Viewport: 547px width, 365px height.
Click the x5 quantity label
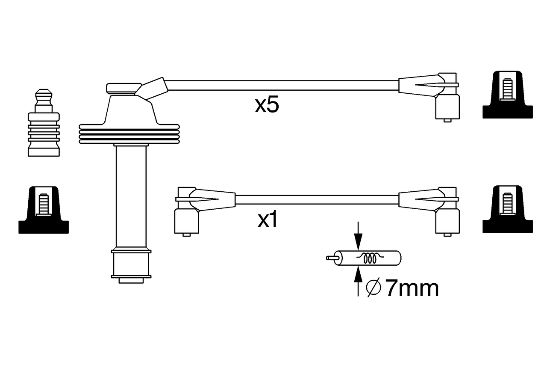[x=267, y=105]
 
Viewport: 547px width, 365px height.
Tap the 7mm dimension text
[x=412, y=289]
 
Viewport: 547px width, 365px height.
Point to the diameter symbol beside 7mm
[x=373, y=288]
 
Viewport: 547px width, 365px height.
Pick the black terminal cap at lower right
[x=507, y=210]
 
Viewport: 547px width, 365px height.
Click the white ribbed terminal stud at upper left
[x=44, y=124]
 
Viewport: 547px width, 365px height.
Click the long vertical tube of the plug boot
[x=131, y=197]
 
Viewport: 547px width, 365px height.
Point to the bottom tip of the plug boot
[x=131, y=280]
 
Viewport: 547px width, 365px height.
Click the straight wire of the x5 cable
[x=282, y=85]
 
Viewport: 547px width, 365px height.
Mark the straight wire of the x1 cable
[x=316, y=199]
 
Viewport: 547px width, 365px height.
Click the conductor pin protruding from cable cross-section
[x=330, y=258]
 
